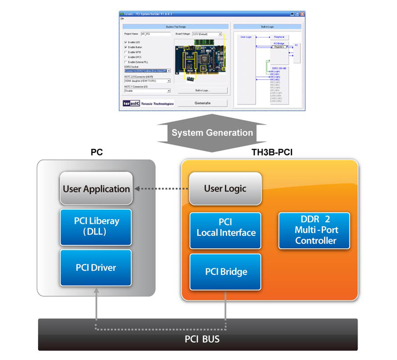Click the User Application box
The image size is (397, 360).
point(96,189)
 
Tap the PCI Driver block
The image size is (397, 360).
point(96,268)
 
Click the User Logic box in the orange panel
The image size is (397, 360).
point(225,189)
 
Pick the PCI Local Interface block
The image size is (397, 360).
point(226,227)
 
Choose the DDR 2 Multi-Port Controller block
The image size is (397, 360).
point(315,230)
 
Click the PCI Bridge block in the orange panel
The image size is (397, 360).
point(226,272)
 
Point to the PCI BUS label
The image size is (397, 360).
point(198,340)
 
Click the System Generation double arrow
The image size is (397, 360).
point(212,133)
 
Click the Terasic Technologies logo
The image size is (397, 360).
point(148,103)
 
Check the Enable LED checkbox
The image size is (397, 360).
point(126,42)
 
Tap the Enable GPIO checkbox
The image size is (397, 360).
point(126,52)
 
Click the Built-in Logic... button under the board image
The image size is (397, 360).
point(202,90)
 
